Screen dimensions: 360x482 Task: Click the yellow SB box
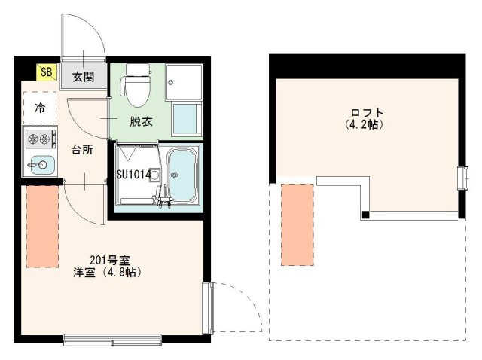click(x=47, y=72)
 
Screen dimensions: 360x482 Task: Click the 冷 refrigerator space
click(x=40, y=108)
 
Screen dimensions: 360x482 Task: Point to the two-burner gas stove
click(x=38, y=139)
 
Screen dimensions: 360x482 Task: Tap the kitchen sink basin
click(x=38, y=164)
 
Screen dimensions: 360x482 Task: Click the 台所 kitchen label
click(x=82, y=150)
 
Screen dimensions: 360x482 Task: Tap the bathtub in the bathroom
click(x=181, y=175)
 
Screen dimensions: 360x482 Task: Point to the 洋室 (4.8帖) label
click(x=108, y=272)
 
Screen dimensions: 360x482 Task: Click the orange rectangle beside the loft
click(x=297, y=224)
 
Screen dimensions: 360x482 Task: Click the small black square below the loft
click(x=365, y=215)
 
